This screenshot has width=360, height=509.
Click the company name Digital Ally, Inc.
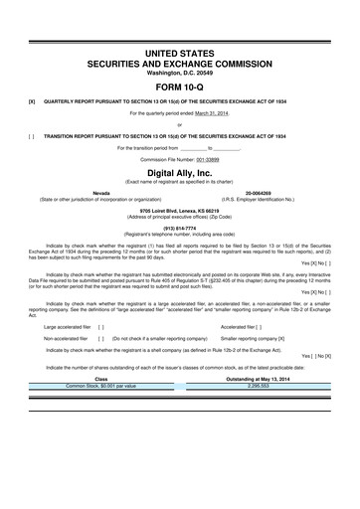tap(179, 172)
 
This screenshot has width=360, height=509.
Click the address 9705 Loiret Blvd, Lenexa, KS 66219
tap(179, 207)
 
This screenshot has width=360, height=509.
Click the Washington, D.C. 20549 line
tap(179, 73)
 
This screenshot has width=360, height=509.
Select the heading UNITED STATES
tap(179, 51)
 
